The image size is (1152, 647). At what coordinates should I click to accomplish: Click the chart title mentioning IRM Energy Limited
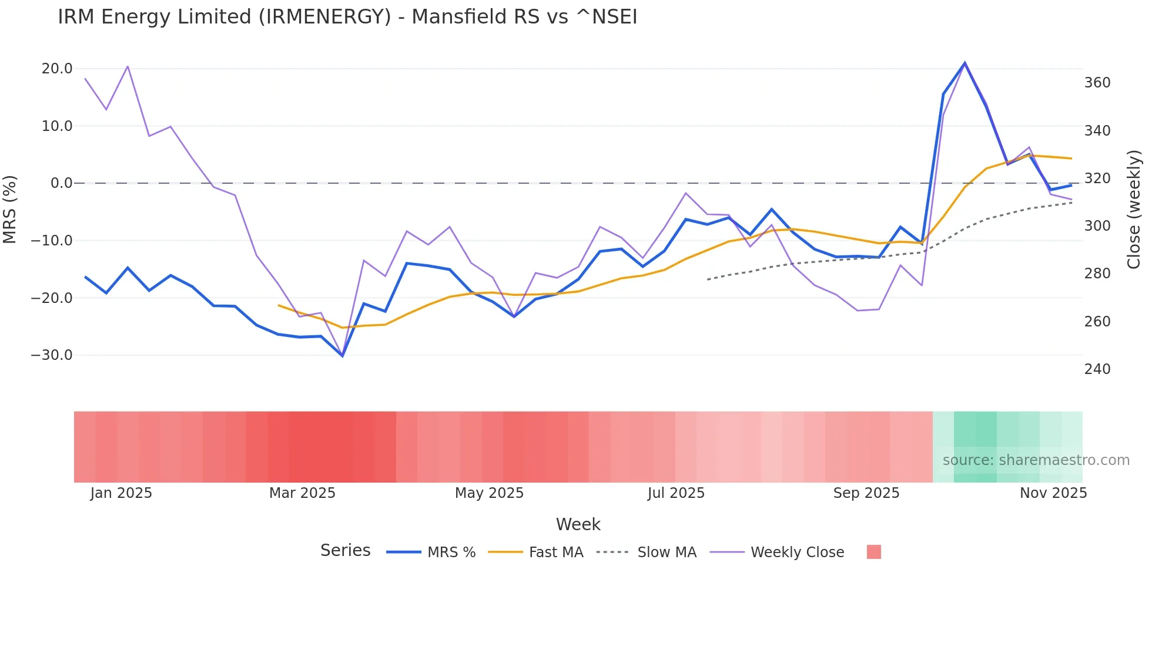point(347,17)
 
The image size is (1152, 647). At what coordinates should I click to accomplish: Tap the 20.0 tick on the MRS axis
point(57,69)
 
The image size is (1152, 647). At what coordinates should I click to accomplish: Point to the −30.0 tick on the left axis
point(52,355)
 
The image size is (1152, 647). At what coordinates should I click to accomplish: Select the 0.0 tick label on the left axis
point(61,183)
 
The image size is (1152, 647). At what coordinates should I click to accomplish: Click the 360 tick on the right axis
point(1097,83)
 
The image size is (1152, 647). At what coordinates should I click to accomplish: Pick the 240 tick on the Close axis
point(1097,369)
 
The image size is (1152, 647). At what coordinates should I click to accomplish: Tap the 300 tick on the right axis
point(1097,226)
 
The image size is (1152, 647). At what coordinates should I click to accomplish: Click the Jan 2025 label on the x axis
point(121,493)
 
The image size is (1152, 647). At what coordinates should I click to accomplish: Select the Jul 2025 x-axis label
point(676,493)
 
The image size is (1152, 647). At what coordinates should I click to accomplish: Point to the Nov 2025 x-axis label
point(1053,493)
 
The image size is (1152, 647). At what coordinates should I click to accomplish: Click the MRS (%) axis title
point(10,209)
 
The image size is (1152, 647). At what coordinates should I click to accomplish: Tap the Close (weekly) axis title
point(1134,210)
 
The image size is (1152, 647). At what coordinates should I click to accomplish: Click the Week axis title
point(578,524)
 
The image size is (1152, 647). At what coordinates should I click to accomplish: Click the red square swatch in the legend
point(873,552)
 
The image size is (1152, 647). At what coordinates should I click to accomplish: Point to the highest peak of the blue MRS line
point(965,63)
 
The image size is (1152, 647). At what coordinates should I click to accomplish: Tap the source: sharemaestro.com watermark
point(1036,460)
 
